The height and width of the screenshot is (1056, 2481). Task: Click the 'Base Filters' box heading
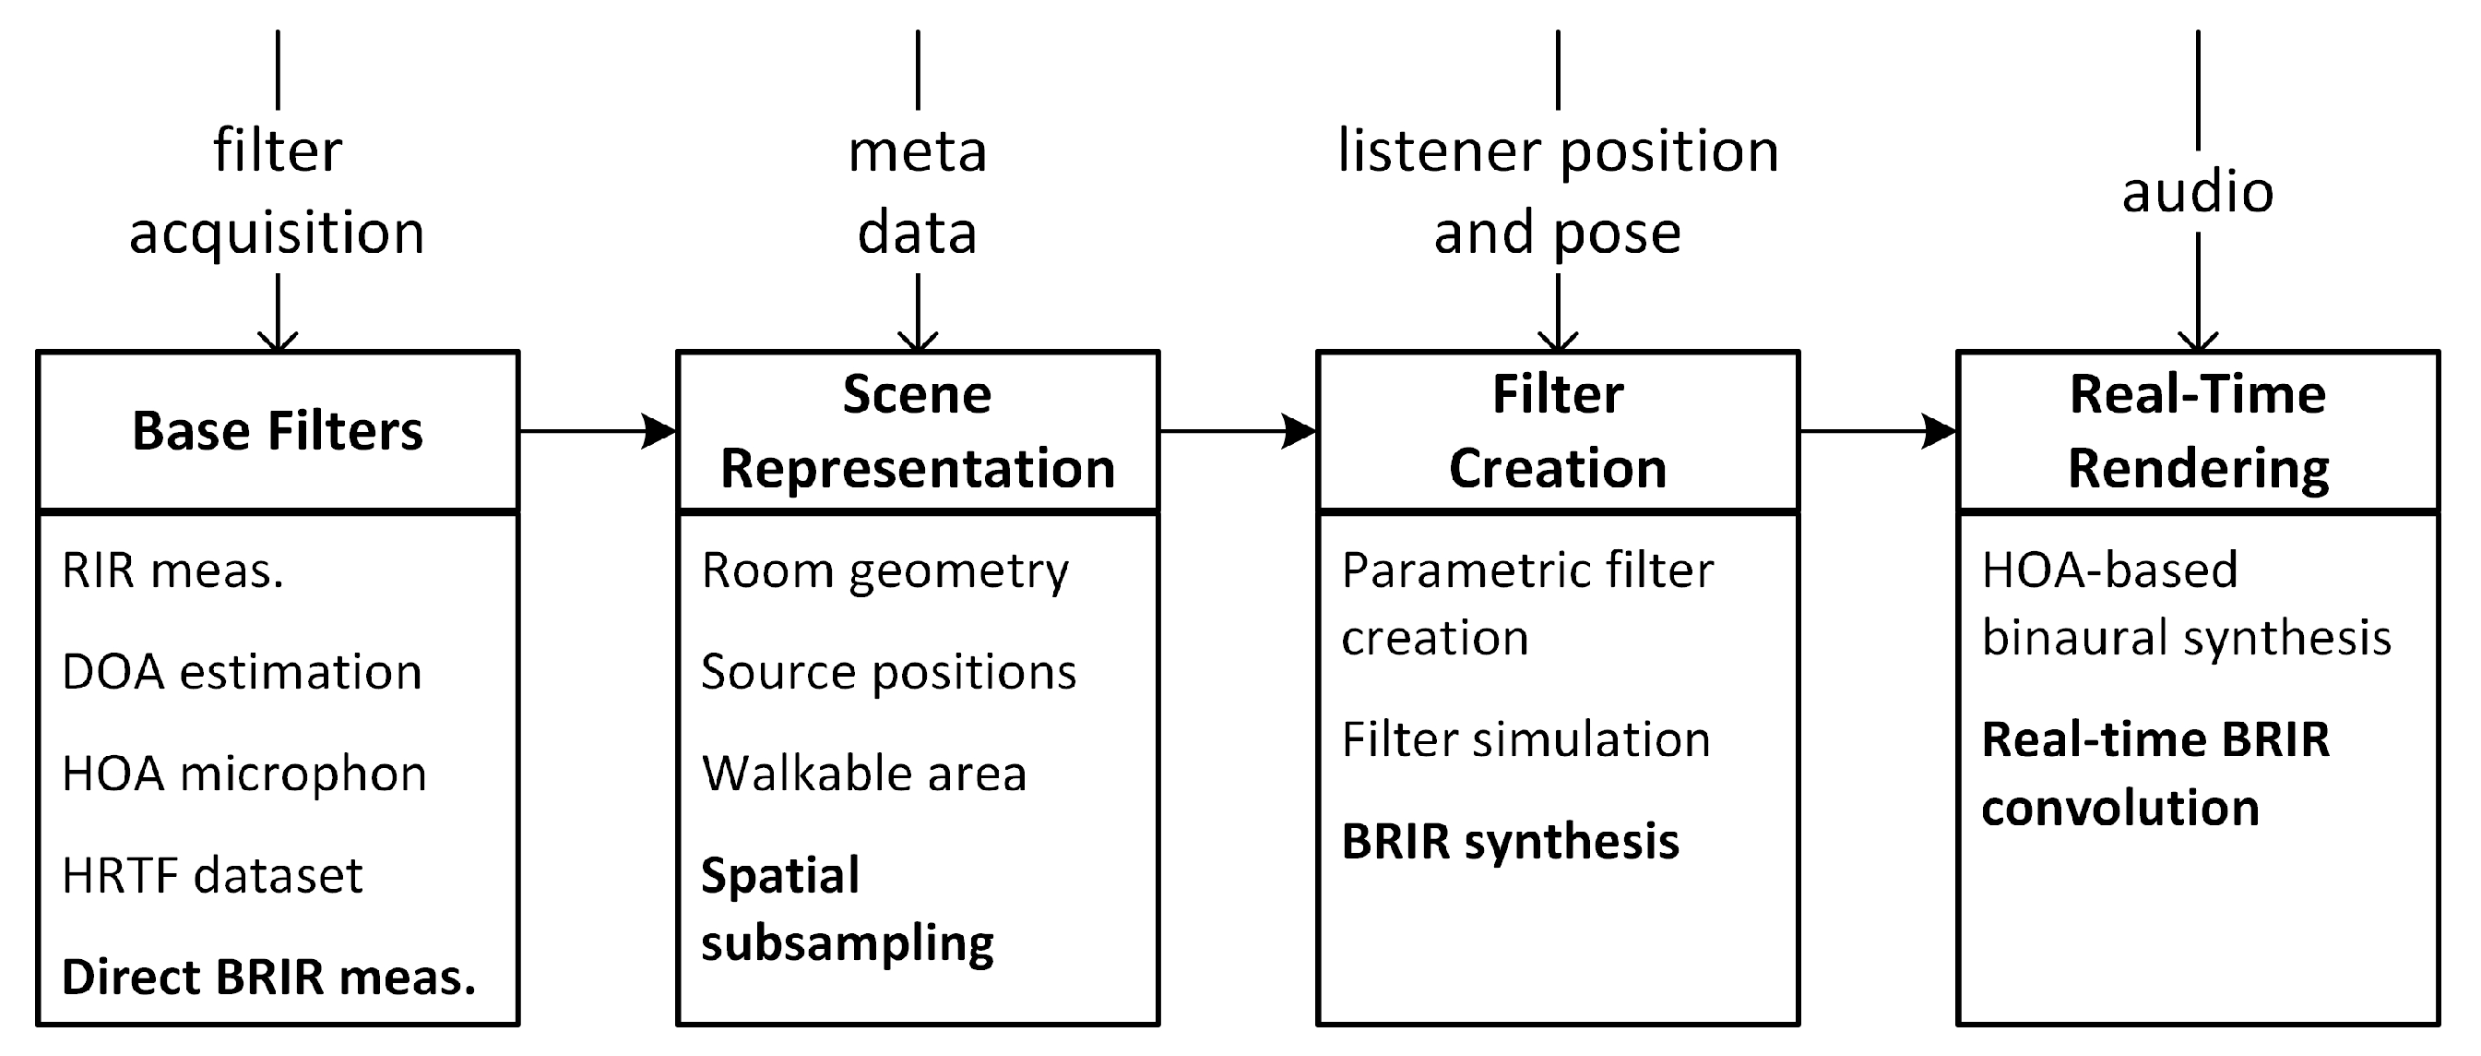coord(278,431)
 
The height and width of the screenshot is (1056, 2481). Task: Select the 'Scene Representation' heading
coord(917,431)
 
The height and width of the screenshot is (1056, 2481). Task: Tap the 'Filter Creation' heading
coord(1558,431)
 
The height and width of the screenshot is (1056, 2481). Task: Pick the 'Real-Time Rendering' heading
coord(2198,431)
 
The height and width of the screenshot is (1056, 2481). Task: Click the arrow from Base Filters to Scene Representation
coord(597,431)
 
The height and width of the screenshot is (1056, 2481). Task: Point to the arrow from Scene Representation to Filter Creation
coord(1238,431)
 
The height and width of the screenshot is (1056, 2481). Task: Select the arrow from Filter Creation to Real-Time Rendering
coord(1878,431)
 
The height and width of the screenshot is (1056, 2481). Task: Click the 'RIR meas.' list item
coord(173,570)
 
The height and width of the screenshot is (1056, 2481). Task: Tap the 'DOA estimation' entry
coord(242,672)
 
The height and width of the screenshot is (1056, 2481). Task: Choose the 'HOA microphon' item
coord(243,774)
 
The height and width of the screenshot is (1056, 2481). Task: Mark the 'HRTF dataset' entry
coord(212,876)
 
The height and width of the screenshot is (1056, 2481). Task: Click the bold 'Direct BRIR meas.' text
coord(268,977)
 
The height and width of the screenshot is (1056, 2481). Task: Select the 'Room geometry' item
coord(885,571)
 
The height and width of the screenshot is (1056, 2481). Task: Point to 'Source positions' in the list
coord(888,672)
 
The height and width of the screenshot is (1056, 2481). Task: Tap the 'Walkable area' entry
coord(864,774)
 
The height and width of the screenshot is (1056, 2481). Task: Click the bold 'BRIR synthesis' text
coord(1510,841)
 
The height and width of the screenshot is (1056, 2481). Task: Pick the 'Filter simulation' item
coord(1525,740)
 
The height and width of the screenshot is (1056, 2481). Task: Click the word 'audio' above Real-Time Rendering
coord(2198,192)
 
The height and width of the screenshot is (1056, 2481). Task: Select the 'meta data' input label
coord(917,192)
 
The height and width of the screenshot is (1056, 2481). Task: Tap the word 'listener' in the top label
coord(1438,151)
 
